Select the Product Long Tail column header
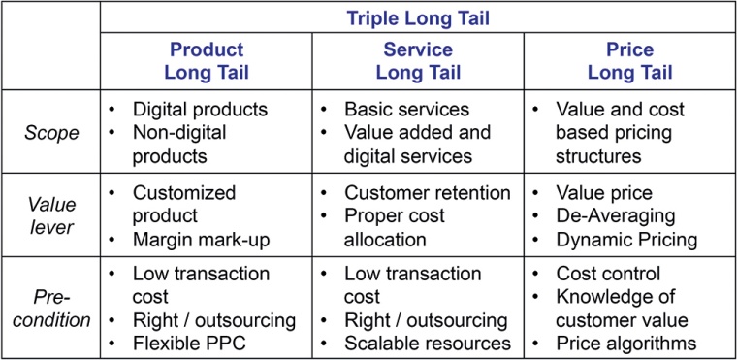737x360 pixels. pyautogui.click(x=207, y=60)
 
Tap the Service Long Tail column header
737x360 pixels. pyautogui.click(x=417, y=60)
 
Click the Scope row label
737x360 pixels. pyautogui.click(x=51, y=131)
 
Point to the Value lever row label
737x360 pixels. pyautogui.click(x=51, y=214)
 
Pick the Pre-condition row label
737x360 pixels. pyautogui.click(x=51, y=309)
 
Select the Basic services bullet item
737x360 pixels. pyautogui.click(x=406, y=110)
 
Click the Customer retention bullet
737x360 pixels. pyautogui.click(x=428, y=192)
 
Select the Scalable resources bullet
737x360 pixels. pyautogui.click(x=428, y=342)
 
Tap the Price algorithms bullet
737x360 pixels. pyautogui.click(x=625, y=342)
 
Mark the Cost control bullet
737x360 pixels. pyautogui.click(x=608, y=274)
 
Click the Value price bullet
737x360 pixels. pyautogui.click(x=604, y=192)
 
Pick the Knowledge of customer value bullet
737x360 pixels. pyautogui.click(x=621, y=308)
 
